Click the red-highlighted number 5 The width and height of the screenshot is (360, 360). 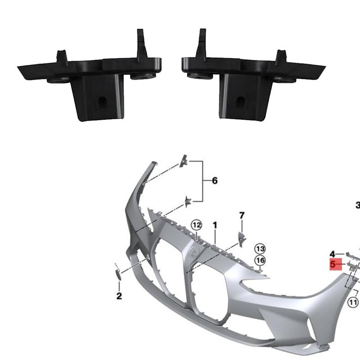click(x=333, y=264)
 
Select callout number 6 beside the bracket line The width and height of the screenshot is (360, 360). click(x=215, y=181)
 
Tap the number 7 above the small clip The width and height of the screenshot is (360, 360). click(x=242, y=216)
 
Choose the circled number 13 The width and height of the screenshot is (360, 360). click(x=260, y=248)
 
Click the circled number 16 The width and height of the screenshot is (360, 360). click(x=260, y=260)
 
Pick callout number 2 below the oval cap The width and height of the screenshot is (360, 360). click(x=119, y=296)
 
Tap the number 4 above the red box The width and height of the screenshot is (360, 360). click(x=332, y=254)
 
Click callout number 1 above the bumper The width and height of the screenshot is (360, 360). click(x=215, y=224)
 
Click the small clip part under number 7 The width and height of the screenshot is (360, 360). click(x=241, y=238)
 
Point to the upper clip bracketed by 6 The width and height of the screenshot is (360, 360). click(x=184, y=161)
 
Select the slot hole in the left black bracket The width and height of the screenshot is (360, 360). click(x=102, y=101)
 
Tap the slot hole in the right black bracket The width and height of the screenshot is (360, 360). click(x=241, y=101)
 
